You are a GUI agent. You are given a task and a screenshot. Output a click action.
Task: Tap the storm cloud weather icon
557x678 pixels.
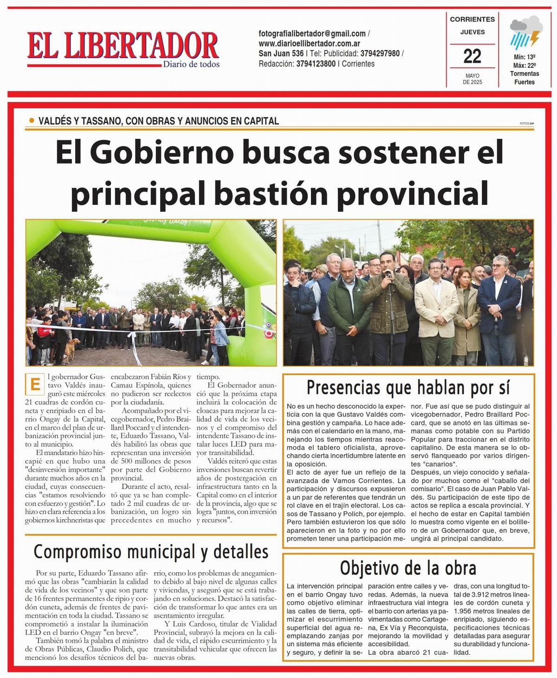525,33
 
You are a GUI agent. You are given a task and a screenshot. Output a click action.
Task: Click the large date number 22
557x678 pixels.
472,56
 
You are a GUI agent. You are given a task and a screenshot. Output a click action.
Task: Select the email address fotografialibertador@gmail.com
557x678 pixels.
312,33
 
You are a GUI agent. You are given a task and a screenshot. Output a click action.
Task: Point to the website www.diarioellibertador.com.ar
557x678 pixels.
310,44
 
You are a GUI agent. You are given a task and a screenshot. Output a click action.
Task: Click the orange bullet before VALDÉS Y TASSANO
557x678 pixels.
32,121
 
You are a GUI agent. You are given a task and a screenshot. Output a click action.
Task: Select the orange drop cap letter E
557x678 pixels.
33,385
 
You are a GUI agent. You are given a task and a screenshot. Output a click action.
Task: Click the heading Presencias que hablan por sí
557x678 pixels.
408,387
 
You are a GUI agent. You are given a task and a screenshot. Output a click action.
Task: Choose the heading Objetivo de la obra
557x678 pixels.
408,567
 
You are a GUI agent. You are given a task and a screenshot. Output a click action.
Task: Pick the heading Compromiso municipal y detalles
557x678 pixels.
151,551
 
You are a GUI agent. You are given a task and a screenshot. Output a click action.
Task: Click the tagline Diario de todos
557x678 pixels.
191,65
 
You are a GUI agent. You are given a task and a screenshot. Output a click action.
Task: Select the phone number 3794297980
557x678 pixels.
380,53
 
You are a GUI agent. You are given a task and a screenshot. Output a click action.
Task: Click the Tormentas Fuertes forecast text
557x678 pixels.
525,78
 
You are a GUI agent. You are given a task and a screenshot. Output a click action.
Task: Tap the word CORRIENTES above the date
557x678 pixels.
472,20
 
